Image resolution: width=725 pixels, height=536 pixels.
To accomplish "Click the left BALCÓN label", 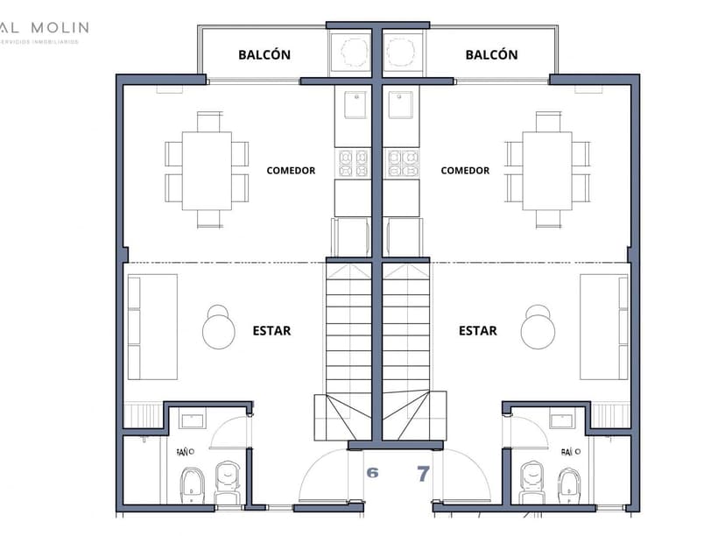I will pos(264,54).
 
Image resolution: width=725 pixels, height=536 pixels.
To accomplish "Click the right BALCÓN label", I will pos(491,54).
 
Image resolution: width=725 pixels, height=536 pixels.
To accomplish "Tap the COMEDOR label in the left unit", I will pos(291,171).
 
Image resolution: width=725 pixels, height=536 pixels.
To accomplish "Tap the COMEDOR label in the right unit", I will pos(465,171).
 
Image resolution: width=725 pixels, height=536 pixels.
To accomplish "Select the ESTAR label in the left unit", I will pos(271,331).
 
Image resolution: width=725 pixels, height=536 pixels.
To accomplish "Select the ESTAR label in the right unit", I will pos(478,331).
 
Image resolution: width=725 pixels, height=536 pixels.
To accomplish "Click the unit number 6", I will pos(372,473).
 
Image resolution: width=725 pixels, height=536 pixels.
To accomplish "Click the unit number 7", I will pos(423,474).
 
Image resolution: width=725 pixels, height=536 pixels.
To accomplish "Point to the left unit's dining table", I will pos(208,171).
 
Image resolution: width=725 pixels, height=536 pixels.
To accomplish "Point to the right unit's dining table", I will pos(547,171).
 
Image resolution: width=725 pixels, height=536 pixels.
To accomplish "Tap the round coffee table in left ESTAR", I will pos(219,330).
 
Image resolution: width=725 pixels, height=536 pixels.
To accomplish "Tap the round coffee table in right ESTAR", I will pos(538,330).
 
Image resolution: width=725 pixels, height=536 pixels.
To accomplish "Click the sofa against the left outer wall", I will pos(151,327).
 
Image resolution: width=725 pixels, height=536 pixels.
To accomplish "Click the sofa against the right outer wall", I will pos(605,327).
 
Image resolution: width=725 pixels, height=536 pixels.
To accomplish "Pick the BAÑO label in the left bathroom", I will pos(184,453).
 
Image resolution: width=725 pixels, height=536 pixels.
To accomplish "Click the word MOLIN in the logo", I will pos(61,27).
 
